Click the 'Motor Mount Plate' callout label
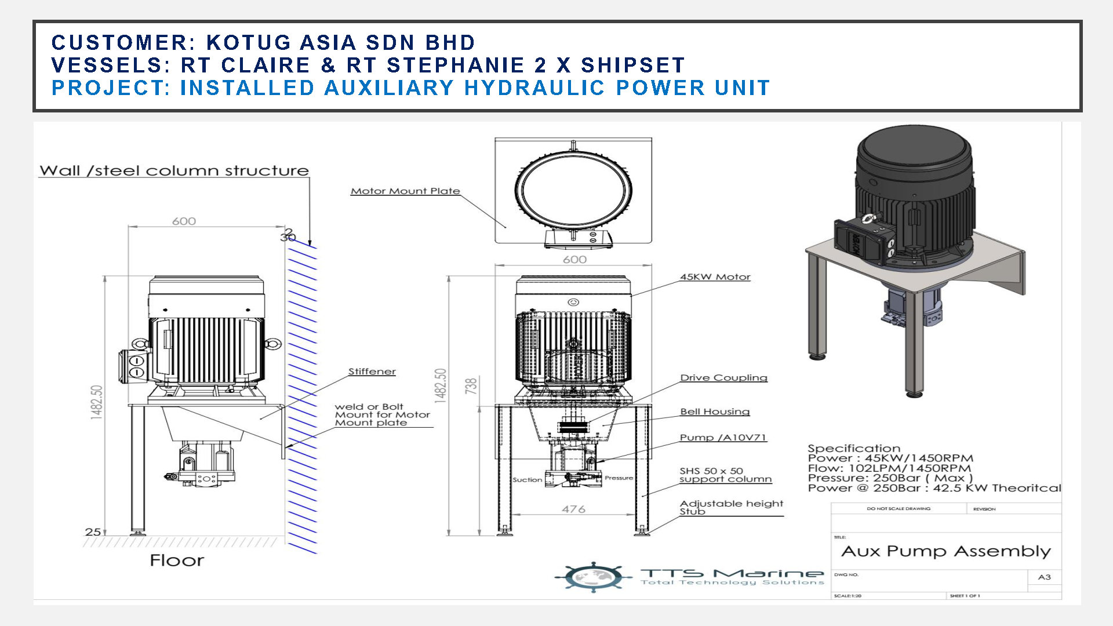[405, 191]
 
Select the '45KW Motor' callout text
[715, 277]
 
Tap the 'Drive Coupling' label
[723, 377]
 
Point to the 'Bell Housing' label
[715, 412]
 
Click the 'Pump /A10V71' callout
[723, 438]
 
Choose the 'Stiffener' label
[372, 372]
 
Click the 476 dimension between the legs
[573, 509]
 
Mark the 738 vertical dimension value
[471, 386]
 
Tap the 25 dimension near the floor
[93, 532]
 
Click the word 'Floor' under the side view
[177, 561]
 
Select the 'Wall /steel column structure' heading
[174, 170]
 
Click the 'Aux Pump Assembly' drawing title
[945, 551]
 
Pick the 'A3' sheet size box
[1044, 577]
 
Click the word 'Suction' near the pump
[527, 480]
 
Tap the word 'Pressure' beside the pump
[619, 478]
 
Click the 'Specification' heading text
[854, 448]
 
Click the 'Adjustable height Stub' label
[731, 507]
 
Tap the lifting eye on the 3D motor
[868, 218]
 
